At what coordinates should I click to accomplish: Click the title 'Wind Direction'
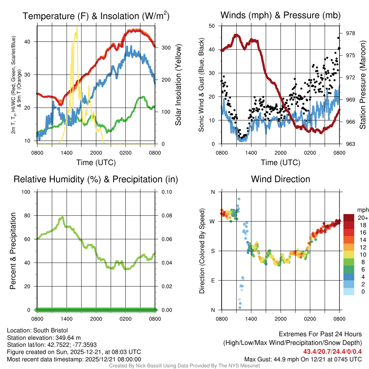coord(280,179)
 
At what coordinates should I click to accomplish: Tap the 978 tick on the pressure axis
coord(351,33)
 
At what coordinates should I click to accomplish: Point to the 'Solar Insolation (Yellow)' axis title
coord(178,85)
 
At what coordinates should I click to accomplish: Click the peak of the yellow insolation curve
coord(76,27)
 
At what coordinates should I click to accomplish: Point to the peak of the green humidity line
coord(63,217)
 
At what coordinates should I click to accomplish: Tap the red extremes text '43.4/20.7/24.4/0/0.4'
coord(333,351)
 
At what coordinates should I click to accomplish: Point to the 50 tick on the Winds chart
coord(212,26)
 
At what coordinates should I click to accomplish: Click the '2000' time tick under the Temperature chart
coord(96,153)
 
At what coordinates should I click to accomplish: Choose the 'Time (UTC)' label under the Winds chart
coord(280,163)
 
